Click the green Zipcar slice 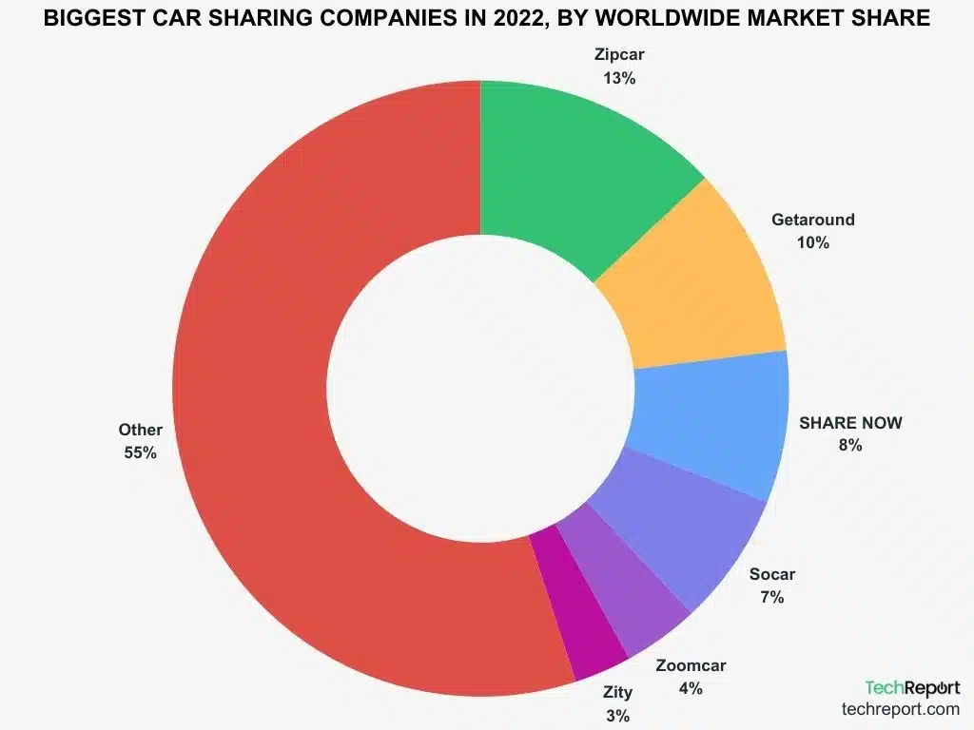pos(571,171)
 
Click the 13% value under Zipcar pos(618,78)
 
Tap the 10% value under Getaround pos(812,242)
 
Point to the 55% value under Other pos(140,452)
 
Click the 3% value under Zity pos(616,715)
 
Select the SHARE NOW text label pos(849,422)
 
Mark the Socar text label pos(771,574)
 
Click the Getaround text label pos(812,220)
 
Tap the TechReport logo pos(911,687)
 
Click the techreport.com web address pos(900,709)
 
